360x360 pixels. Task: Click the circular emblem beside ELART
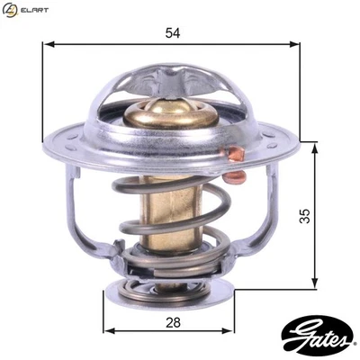click(10, 10)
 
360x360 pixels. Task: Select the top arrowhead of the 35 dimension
click(315, 146)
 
